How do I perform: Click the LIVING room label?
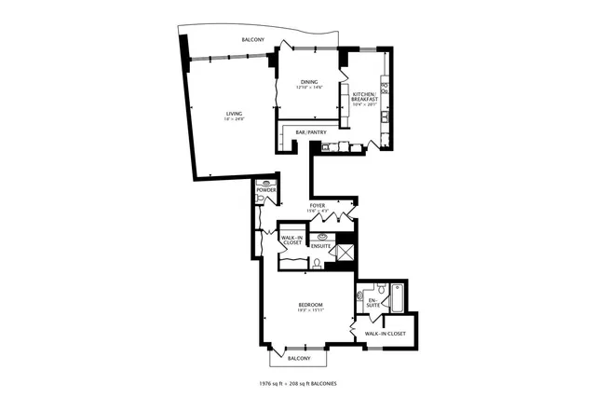pos(221,114)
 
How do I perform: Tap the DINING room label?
pos(309,82)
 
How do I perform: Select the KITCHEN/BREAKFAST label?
pos(362,95)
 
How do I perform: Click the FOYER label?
pos(317,204)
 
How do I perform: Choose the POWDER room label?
pos(266,190)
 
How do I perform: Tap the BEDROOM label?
pos(310,304)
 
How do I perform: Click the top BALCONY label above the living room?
pos(252,40)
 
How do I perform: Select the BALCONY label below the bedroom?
pos(298,358)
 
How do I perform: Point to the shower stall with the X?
pos(345,254)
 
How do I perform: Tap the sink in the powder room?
pos(268,184)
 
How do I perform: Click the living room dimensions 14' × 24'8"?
pos(221,119)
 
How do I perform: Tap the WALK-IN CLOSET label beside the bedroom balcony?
pos(386,333)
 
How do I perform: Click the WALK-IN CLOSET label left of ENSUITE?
pos(293,240)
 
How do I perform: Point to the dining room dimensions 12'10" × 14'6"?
pos(309,88)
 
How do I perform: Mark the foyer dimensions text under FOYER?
pos(317,210)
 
